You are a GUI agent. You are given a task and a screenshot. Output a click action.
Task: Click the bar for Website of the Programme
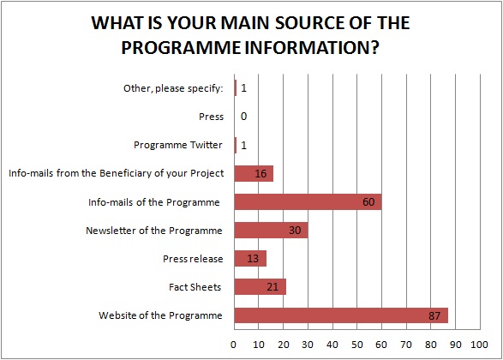coord(341,315)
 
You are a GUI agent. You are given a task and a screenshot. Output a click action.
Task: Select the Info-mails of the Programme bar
coord(308,201)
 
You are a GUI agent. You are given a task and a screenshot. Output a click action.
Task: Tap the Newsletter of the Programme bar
coord(271,230)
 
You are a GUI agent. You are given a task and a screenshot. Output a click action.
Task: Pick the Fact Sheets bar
coord(260,287)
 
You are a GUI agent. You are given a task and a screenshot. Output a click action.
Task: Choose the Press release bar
coord(250,259)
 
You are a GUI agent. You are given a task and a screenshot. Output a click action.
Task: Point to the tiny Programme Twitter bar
coord(236,145)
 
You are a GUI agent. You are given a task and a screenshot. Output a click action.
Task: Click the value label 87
coord(434,315)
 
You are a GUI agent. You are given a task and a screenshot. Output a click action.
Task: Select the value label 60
coord(368,201)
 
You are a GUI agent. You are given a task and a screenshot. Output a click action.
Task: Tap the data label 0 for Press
coord(244,117)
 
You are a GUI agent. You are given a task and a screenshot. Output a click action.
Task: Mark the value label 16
coord(260,174)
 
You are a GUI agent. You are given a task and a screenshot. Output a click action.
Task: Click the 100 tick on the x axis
coord(479,345)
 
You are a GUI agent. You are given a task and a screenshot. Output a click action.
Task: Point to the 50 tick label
coord(356,345)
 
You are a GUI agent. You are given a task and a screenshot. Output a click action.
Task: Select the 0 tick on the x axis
coord(234,345)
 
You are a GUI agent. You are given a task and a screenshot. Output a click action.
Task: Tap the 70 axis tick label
coord(406,345)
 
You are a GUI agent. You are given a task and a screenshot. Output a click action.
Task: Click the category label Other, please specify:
coord(173,88)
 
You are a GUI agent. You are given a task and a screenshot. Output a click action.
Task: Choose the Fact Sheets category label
coord(195,287)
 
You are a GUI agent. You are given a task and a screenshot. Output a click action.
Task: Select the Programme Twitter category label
coord(178,145)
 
